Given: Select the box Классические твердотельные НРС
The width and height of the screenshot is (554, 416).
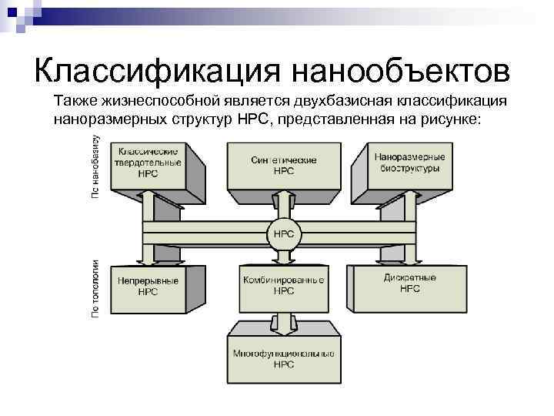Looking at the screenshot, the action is (149, 163).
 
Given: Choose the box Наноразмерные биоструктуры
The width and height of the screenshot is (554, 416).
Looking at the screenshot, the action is (407, 163).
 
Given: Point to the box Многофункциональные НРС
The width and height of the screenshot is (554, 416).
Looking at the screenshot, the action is (282, 358).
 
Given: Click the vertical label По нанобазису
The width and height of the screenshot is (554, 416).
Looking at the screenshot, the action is (95, 168).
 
